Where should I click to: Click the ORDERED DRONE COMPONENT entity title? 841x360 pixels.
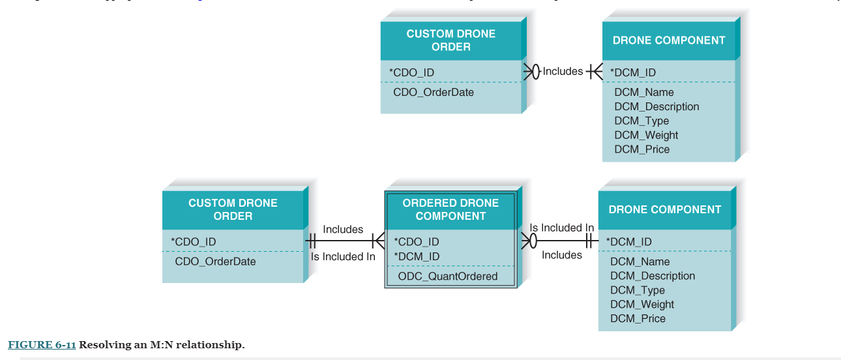(450, 209)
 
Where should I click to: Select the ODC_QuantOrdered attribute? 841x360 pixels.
(447, 276)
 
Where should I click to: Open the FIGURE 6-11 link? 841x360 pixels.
(42, 344)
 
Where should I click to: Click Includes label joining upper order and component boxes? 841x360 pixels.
(563, 71)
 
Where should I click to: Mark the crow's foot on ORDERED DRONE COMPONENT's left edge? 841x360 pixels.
(377, 241)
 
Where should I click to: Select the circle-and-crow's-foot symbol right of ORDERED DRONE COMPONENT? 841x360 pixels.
(529, 241)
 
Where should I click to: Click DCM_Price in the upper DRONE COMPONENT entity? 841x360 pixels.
(642, 149)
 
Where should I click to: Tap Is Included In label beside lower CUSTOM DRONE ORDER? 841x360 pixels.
(343, 256)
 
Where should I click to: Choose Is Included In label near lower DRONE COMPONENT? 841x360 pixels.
(561, 228)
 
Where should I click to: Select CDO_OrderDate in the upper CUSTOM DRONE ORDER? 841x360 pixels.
(434, 92)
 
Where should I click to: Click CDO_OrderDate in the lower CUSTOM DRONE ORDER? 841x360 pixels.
(215, 262)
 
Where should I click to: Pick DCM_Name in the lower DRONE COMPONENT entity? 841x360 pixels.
(640, 262)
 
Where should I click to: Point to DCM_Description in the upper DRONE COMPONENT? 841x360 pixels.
(657, 106)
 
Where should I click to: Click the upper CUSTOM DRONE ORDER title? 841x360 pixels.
(450, 40)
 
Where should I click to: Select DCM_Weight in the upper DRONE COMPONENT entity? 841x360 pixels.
(646, 135)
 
